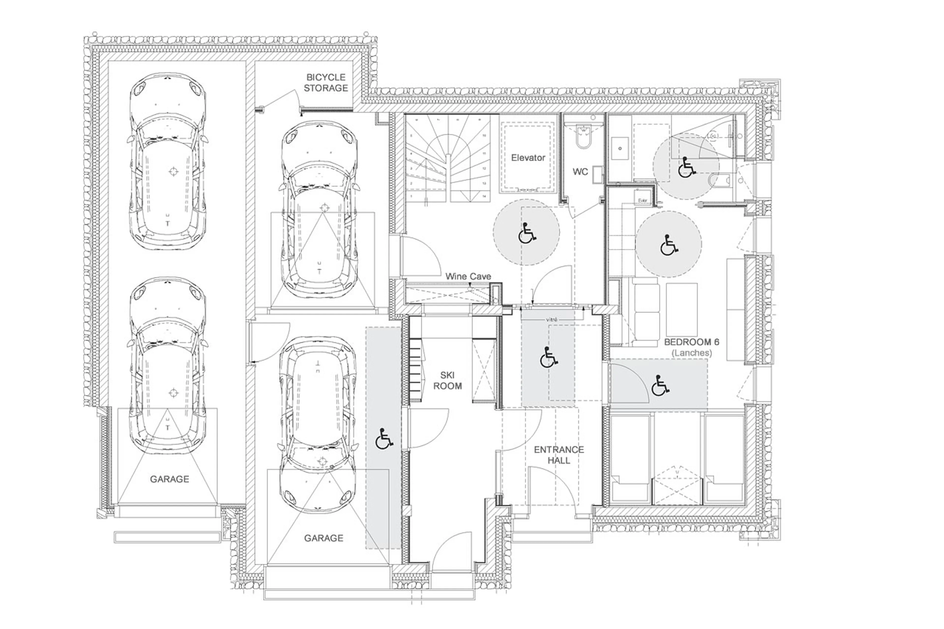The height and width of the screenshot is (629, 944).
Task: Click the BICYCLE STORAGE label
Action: click(x=325, y=83)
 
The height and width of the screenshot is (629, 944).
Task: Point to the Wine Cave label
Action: click(x=468, y=276)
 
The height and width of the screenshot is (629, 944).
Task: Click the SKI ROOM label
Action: click(x=447, y=380)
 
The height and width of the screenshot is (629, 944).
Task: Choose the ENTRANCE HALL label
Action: click(x=559, y=455)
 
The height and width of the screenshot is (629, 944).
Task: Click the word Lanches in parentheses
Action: click(x=692, y=353)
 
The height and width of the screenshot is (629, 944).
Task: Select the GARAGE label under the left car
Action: click(x=169, y=479)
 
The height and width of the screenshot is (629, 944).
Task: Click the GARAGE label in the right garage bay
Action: click(x=323, y=538)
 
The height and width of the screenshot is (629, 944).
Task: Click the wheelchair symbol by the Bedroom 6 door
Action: click(x=660, y=385)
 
